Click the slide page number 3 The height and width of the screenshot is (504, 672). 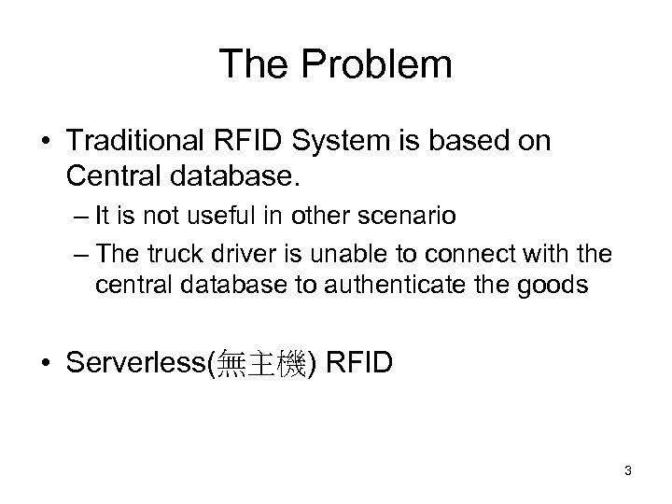pos(628,470)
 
